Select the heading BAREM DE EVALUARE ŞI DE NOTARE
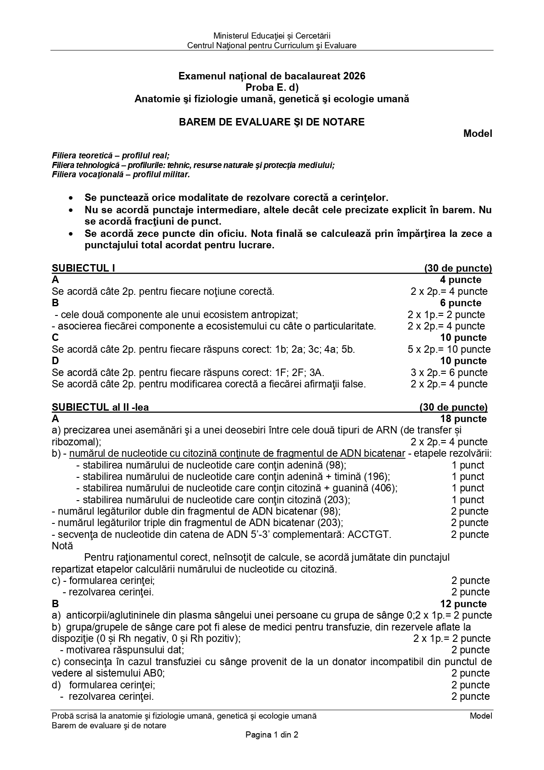pyautogui.click(x=271, y=122)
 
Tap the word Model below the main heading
pyautogui.click(x=477, y=133)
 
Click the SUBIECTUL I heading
pyautogui.click(x=83, y=268)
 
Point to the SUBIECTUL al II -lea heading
pyautogui.click(x=100, y=407)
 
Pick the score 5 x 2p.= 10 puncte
pyautogui.click(x=449, y=349)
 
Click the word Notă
pyautogui.click(x=62, y=546)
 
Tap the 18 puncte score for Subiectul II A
pyautogui.click(x=463, y=419)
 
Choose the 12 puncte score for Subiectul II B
pyautogui.click(x=463, y=604)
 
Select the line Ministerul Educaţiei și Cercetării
pyautogui.click(x=272, y=36)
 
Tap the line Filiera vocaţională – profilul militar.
pyautogui.click(x=121, y=175)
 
